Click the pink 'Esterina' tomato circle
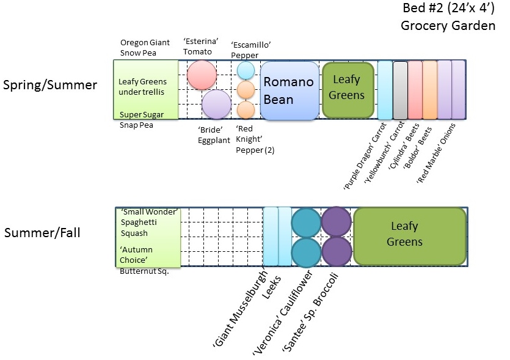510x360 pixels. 202,75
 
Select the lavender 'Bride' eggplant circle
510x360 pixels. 216,104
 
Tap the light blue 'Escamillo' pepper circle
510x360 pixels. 246,70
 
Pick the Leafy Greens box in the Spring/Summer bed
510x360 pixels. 348,89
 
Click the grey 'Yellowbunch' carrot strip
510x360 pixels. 400,90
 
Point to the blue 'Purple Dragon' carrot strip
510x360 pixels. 385,90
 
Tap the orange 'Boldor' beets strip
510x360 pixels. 429,90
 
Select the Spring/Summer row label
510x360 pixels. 50,86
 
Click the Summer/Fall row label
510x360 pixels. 42,233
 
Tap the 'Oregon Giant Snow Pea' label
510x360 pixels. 145,48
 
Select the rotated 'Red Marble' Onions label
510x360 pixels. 437,156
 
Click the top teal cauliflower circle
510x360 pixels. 306,222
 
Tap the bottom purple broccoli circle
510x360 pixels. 336,251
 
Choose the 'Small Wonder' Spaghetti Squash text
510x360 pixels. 148,222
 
